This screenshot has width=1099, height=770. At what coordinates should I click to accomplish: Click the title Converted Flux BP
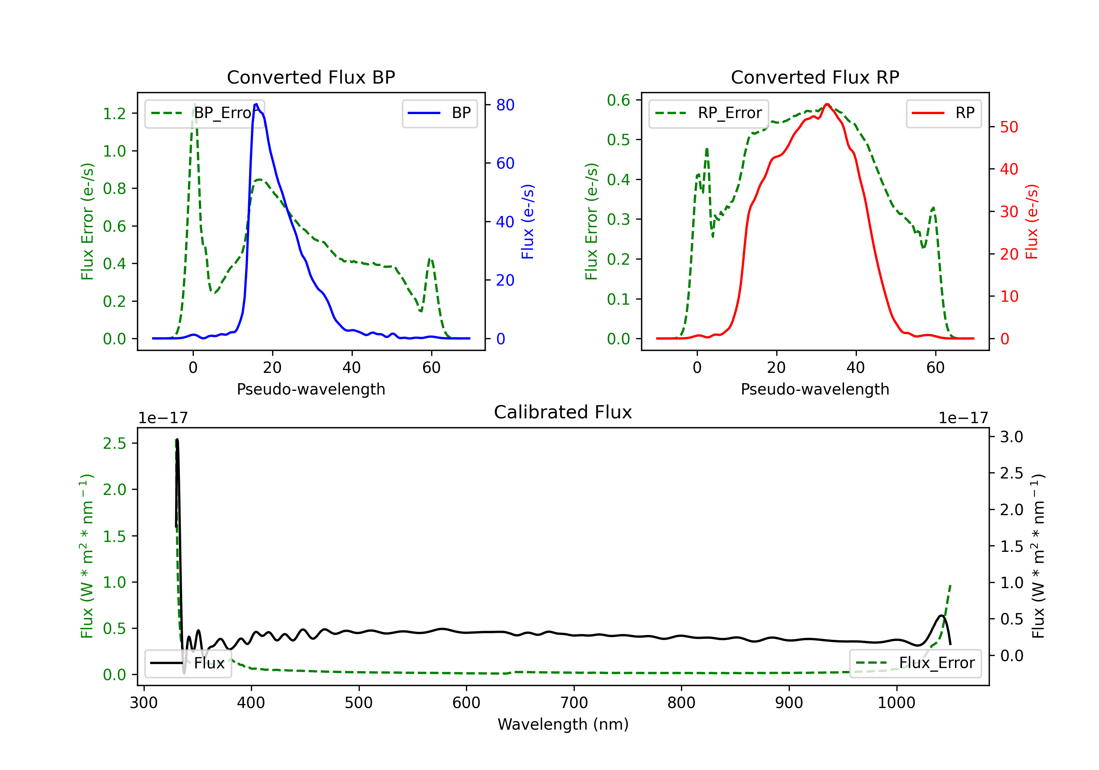click(311, 77)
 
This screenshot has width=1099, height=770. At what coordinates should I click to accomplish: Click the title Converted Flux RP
click(815, 77)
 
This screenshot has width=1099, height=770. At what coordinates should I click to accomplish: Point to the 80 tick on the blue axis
click(505, 105)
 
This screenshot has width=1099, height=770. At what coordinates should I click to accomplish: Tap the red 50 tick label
click(1009, 127)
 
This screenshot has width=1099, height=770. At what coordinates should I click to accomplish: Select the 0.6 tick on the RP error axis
click(618, 100)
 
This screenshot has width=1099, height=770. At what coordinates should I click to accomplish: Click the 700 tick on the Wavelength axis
click(574, 703)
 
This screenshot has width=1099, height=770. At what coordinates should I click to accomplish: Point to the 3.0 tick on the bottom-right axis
click(1011, 437)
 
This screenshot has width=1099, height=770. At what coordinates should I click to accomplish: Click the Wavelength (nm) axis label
click(563, 724)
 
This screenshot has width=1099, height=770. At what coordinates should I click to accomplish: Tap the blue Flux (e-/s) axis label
click(528, 222)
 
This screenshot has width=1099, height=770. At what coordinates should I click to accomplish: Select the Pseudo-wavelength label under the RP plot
click(815, 389)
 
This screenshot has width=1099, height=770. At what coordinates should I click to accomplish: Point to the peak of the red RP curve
click(827, 104)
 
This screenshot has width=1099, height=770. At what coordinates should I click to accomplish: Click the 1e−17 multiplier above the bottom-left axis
click(163, 418)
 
